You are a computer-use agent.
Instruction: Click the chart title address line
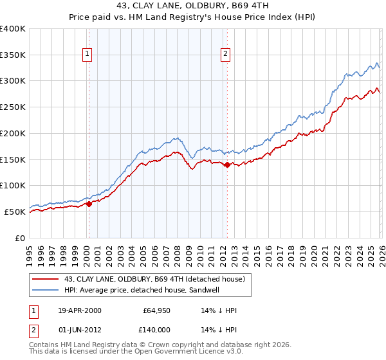pyautogui.click(x=193, y=6)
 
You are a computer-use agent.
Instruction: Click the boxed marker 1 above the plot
pyautogui.click(x=87, y=55)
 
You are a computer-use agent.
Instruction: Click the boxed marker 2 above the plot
pyautogui.click(x=226, y=55)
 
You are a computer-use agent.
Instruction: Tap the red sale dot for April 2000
pyautogui.click(x=89, y=204)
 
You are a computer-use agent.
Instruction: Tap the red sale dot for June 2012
pyautogui.click(x=227, y=165)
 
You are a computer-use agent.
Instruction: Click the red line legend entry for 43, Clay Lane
pyautogui.click(x=154, y=279)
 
